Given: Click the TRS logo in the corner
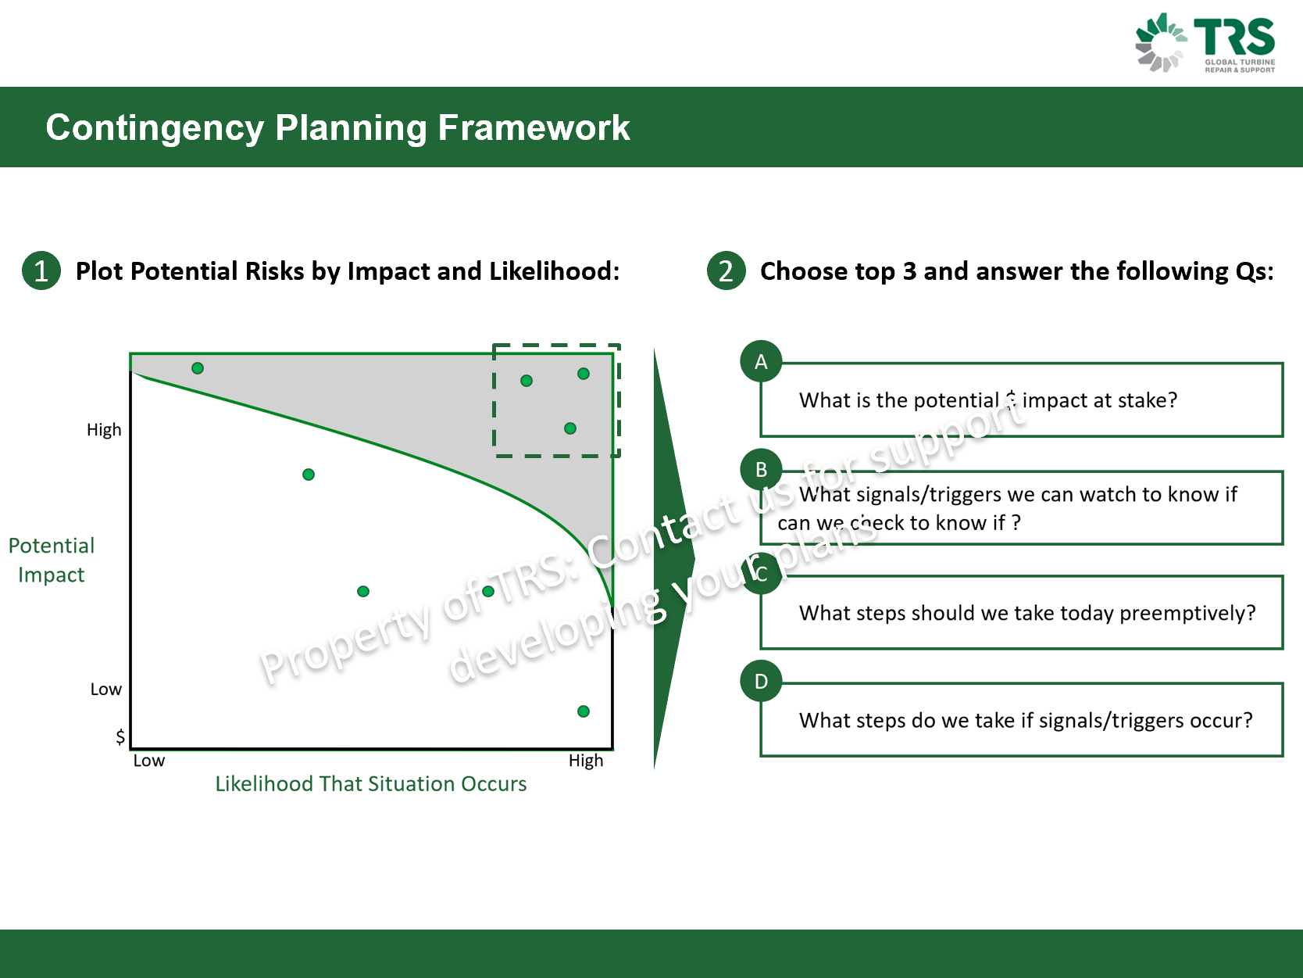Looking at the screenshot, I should pos(1205,42).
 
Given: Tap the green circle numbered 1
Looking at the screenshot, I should pos(41,271).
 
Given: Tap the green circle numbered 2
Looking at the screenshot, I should pos(726,271).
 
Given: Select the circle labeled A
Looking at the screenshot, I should pos(761,362).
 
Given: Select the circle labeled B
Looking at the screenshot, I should pos(761,470).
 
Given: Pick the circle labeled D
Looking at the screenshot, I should pos(761,682).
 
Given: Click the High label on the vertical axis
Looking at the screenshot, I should pos(104,430).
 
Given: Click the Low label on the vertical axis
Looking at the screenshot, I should pos(105,690).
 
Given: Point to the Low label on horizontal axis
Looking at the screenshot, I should pos(148,761).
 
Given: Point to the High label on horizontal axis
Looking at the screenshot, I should pos(585,761).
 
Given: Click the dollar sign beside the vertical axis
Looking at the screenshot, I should pos(120,736).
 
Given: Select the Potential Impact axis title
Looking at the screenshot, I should pos(52,560).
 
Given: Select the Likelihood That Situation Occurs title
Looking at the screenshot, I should pos(370,784).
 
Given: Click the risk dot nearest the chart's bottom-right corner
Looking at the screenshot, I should pos(584,711).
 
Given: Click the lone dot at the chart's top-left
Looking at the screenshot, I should pos(198,368).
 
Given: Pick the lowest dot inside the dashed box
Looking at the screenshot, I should pos(570,428).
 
